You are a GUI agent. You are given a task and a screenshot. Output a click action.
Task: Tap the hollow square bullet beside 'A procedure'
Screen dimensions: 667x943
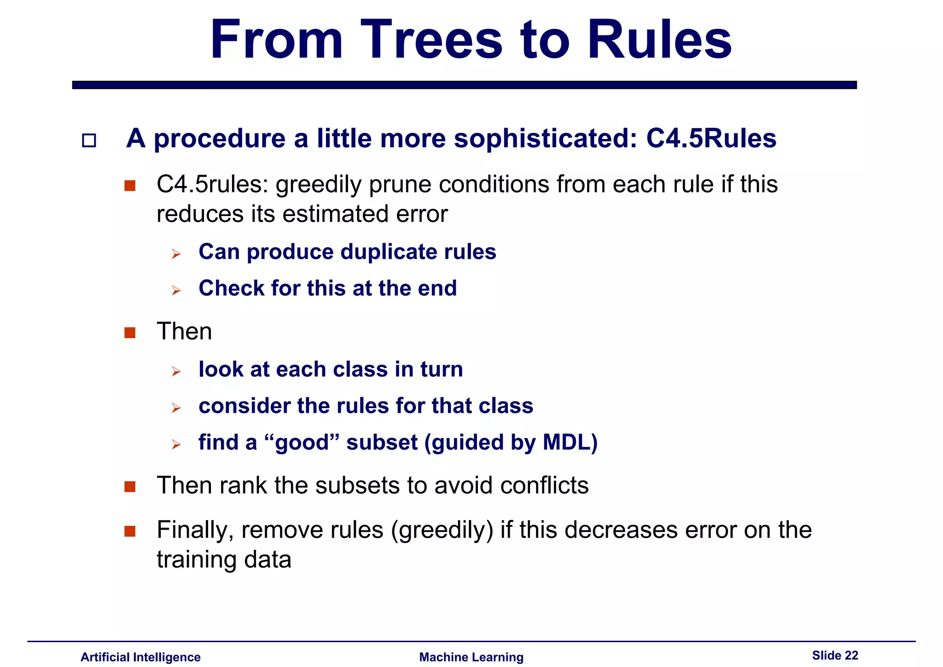tap(89, 140)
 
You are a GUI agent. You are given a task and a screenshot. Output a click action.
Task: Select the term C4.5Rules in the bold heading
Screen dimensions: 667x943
tap(711, 138)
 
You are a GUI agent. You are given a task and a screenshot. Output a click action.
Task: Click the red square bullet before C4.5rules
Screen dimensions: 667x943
tap(130, 186)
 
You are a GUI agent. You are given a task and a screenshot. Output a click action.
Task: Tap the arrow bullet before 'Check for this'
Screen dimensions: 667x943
tap(176, 290)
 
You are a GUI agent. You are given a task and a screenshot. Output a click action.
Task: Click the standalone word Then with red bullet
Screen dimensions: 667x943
tap(184, 331)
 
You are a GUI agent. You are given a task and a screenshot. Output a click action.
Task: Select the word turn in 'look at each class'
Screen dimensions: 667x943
tap(441, 369)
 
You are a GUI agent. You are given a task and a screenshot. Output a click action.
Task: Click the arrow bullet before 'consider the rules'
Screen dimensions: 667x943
tap(176, 408)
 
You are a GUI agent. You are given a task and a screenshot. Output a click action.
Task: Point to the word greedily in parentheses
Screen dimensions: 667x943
tap(442, 530)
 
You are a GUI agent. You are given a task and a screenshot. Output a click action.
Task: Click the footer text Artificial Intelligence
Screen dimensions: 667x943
tap(140, 657)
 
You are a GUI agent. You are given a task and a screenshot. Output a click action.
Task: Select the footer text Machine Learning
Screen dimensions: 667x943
tap(471, 657)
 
